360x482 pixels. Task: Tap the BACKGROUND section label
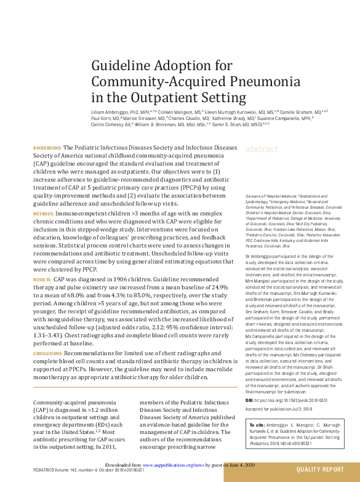(x=47, y=149)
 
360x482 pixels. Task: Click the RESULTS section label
(x=42, y=279)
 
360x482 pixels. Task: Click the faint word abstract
(x=262, y=150)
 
